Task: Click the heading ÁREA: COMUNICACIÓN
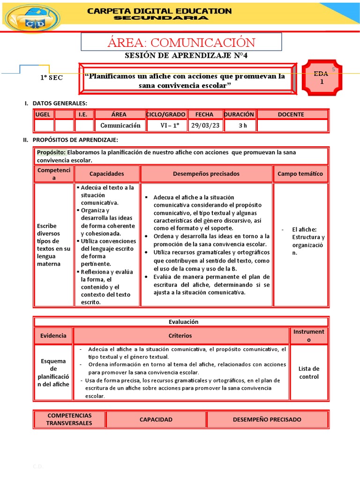click(181, 42)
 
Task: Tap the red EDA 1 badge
click(322, 78)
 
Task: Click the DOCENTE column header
click(291, 114)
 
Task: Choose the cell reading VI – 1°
click(167, 125)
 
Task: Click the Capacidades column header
click(107, 173)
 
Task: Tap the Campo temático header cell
click(300, 173)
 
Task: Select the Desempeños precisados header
click(206, 173)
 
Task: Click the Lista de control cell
click(308, 373)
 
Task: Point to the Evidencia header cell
click(53, 336)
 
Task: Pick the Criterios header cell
click(180, 336)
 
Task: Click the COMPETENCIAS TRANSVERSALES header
click(69, 419)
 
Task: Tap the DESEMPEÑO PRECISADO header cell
click(267, 420)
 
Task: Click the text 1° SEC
click(51, 78)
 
